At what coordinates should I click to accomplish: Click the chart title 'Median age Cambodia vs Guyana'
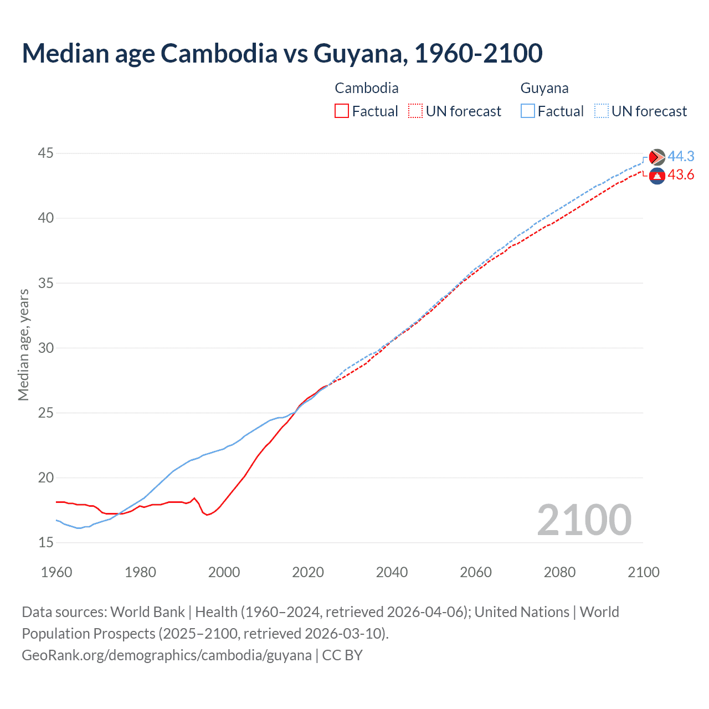click(x=282, y=53)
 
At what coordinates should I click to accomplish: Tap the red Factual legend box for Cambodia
click(x=342, y=111)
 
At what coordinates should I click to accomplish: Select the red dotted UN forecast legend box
click(x=415, y=111)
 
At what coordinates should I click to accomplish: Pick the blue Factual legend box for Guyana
click(x=528, y=111)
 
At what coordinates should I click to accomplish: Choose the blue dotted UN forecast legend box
click(x=602, y=111)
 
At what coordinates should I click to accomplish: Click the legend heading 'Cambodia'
click(x=367, y=88)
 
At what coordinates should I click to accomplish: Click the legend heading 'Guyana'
click(x=544, y=88)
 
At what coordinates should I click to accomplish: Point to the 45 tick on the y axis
click(x=46, y=153)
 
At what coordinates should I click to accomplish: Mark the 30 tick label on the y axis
click(x=46, y=348)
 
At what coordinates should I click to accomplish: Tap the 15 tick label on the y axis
click(x=46, y=542)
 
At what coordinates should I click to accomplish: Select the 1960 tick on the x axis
click(x=56, y=572)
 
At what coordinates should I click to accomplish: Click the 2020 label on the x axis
click(x=308, y=572)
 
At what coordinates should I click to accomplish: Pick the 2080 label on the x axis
click(x=559, y=572)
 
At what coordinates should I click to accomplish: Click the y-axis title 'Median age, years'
click(x=23, y=345)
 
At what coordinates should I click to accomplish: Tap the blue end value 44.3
click(x=681, y=157)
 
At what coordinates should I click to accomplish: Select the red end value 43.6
click(x=681, y=175)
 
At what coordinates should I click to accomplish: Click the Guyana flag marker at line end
click(x=657, y=157)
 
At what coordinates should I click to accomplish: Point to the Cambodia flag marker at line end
click(x=657, y=176)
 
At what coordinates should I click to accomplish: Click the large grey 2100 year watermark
click(x=584, y=520)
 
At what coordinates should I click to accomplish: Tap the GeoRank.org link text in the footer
click(x=166, y=655)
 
